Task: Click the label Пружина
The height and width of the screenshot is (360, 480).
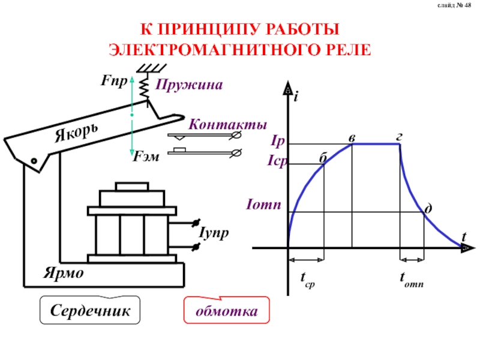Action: (189, 85)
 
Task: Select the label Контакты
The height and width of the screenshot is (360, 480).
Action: (227, 125)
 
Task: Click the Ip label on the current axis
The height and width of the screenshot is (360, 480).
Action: (277, 143)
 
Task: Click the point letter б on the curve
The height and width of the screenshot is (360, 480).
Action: (322, 158)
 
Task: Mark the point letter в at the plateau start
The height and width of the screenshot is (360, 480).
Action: (351, 137)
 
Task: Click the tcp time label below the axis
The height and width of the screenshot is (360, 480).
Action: (307, 280)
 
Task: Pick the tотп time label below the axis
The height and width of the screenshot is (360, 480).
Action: (412, 280)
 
